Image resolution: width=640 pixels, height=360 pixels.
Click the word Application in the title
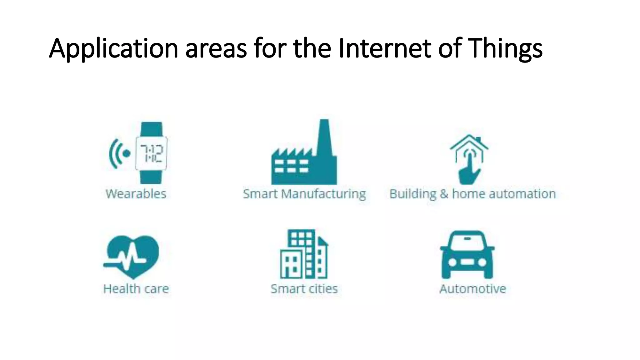click(113, 49)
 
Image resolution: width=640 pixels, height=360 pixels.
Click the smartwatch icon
click(151, 153)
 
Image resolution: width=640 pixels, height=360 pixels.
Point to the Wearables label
click(136, 194)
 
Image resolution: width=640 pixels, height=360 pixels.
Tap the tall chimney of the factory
click(325, 137)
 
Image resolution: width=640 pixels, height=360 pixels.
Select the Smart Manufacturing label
click(304, 194)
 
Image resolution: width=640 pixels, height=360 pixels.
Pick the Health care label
click(136, 289)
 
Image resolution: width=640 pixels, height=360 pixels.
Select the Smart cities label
click(304, 289)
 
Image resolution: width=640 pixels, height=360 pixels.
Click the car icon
click(467, 255)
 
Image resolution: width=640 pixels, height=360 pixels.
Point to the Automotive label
click(472, 289)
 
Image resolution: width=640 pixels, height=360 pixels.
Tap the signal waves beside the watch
click(116, 153)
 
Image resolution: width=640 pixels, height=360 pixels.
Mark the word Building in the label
click(412, 194)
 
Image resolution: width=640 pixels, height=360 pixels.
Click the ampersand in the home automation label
click(444, 194)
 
